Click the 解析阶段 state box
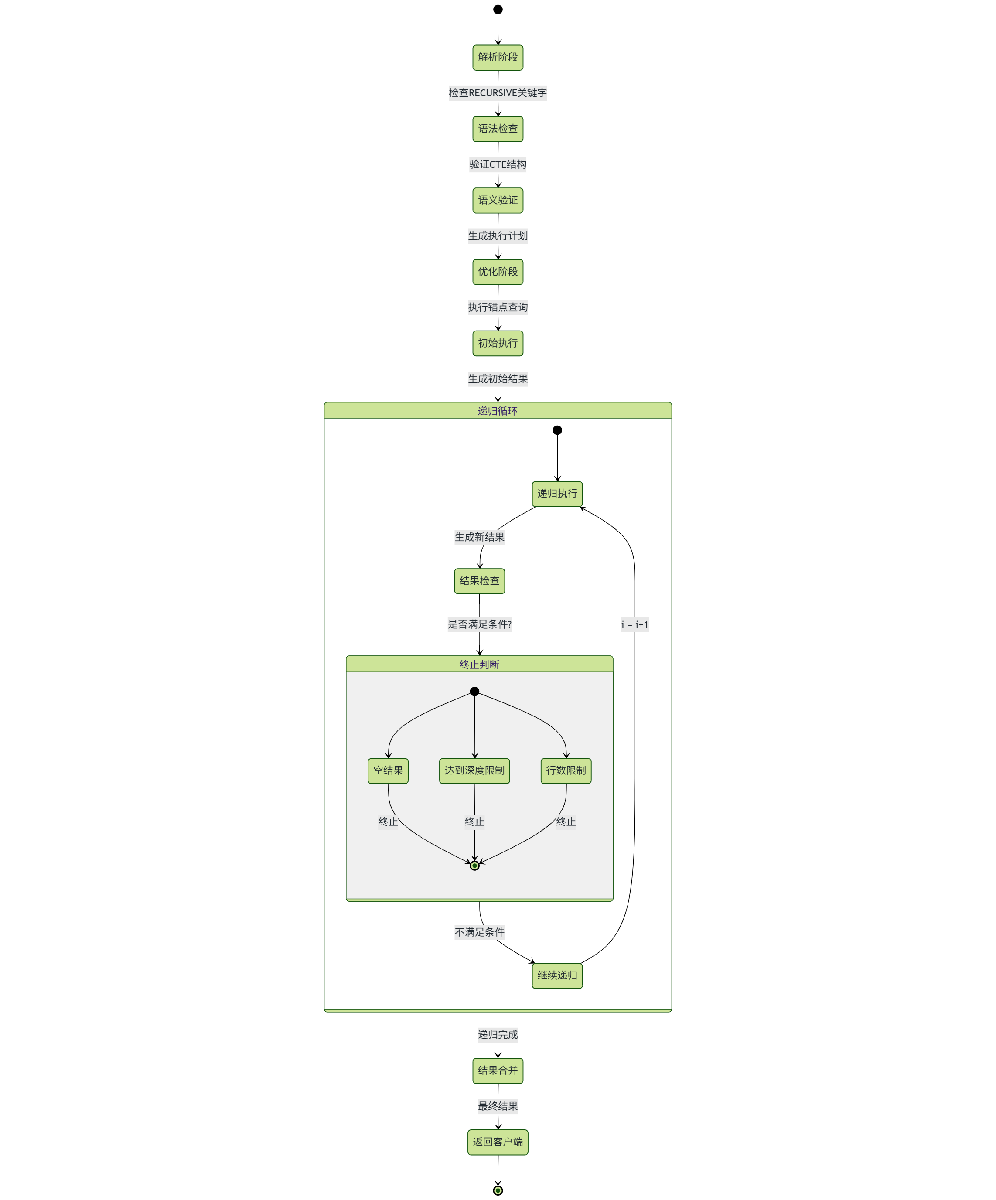[497, 58]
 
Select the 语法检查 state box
[497, 129]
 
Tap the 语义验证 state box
[497, 201]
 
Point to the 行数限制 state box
[565, 771]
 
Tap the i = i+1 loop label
[634, 624]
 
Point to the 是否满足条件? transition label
[479, 624]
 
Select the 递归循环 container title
[497, 411]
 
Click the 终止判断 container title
[479, 665]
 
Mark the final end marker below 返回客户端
[497, 1191]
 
